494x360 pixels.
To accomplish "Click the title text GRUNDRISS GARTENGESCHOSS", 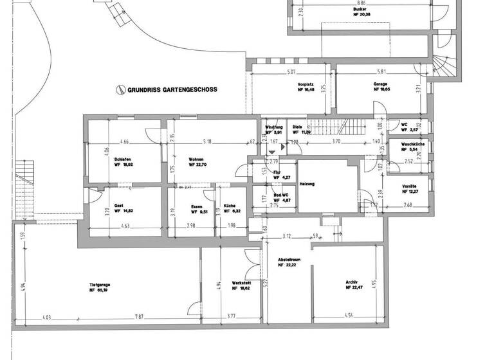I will pos(172,90).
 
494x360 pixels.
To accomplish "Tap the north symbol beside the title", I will pos(119,90).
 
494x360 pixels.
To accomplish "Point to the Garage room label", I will pos(380,85).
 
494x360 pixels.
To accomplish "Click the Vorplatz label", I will pos(305,85).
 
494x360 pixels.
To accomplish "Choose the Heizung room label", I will pos(307,184).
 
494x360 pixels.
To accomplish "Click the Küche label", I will pos(230,206).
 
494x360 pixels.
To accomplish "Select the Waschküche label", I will pos(412,145).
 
